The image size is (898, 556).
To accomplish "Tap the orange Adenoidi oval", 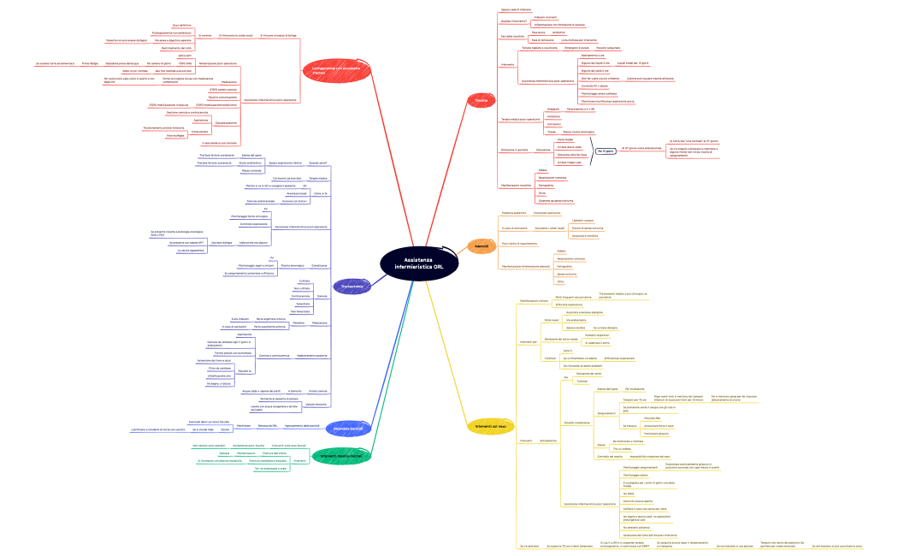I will [x=481, y=246].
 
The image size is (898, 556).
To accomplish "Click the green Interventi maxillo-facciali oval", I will [x=340, y=455].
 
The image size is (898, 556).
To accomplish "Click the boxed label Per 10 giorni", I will [x=606, y=151].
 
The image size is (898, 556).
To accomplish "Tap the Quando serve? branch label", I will [x=317, y=163].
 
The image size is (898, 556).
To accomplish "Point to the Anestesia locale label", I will [x=298, y=194].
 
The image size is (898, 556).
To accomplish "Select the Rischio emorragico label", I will [x=292, y=266].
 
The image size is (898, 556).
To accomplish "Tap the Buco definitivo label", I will [x=182, y=26].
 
